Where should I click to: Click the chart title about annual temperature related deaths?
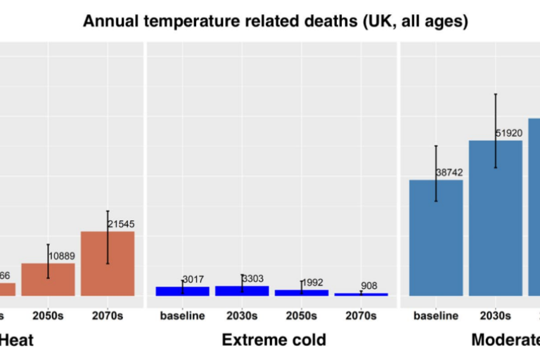coord(275,21)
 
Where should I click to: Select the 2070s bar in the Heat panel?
coord(108,264)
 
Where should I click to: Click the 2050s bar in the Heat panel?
coord(48,280)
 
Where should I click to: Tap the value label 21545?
coord(121,224)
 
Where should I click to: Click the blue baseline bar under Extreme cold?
coord(182,290)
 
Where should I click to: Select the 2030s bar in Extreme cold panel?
coord(242,290)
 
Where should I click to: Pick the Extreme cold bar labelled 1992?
coord(301,292)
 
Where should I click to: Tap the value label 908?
coord(369,285)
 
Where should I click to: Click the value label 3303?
coord(252,278)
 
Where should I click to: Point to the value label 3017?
coord(193,279)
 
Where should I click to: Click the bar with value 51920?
coord(496,218)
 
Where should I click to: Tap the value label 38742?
coord(450,172)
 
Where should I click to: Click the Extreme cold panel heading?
coord(274,340)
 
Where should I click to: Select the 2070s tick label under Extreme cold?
coord(361,316)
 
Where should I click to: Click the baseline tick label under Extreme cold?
coord(182,316)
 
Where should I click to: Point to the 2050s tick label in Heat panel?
coord(48,316)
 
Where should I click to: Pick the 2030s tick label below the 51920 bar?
coord(496,316)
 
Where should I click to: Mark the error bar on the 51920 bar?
coord(496,130)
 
